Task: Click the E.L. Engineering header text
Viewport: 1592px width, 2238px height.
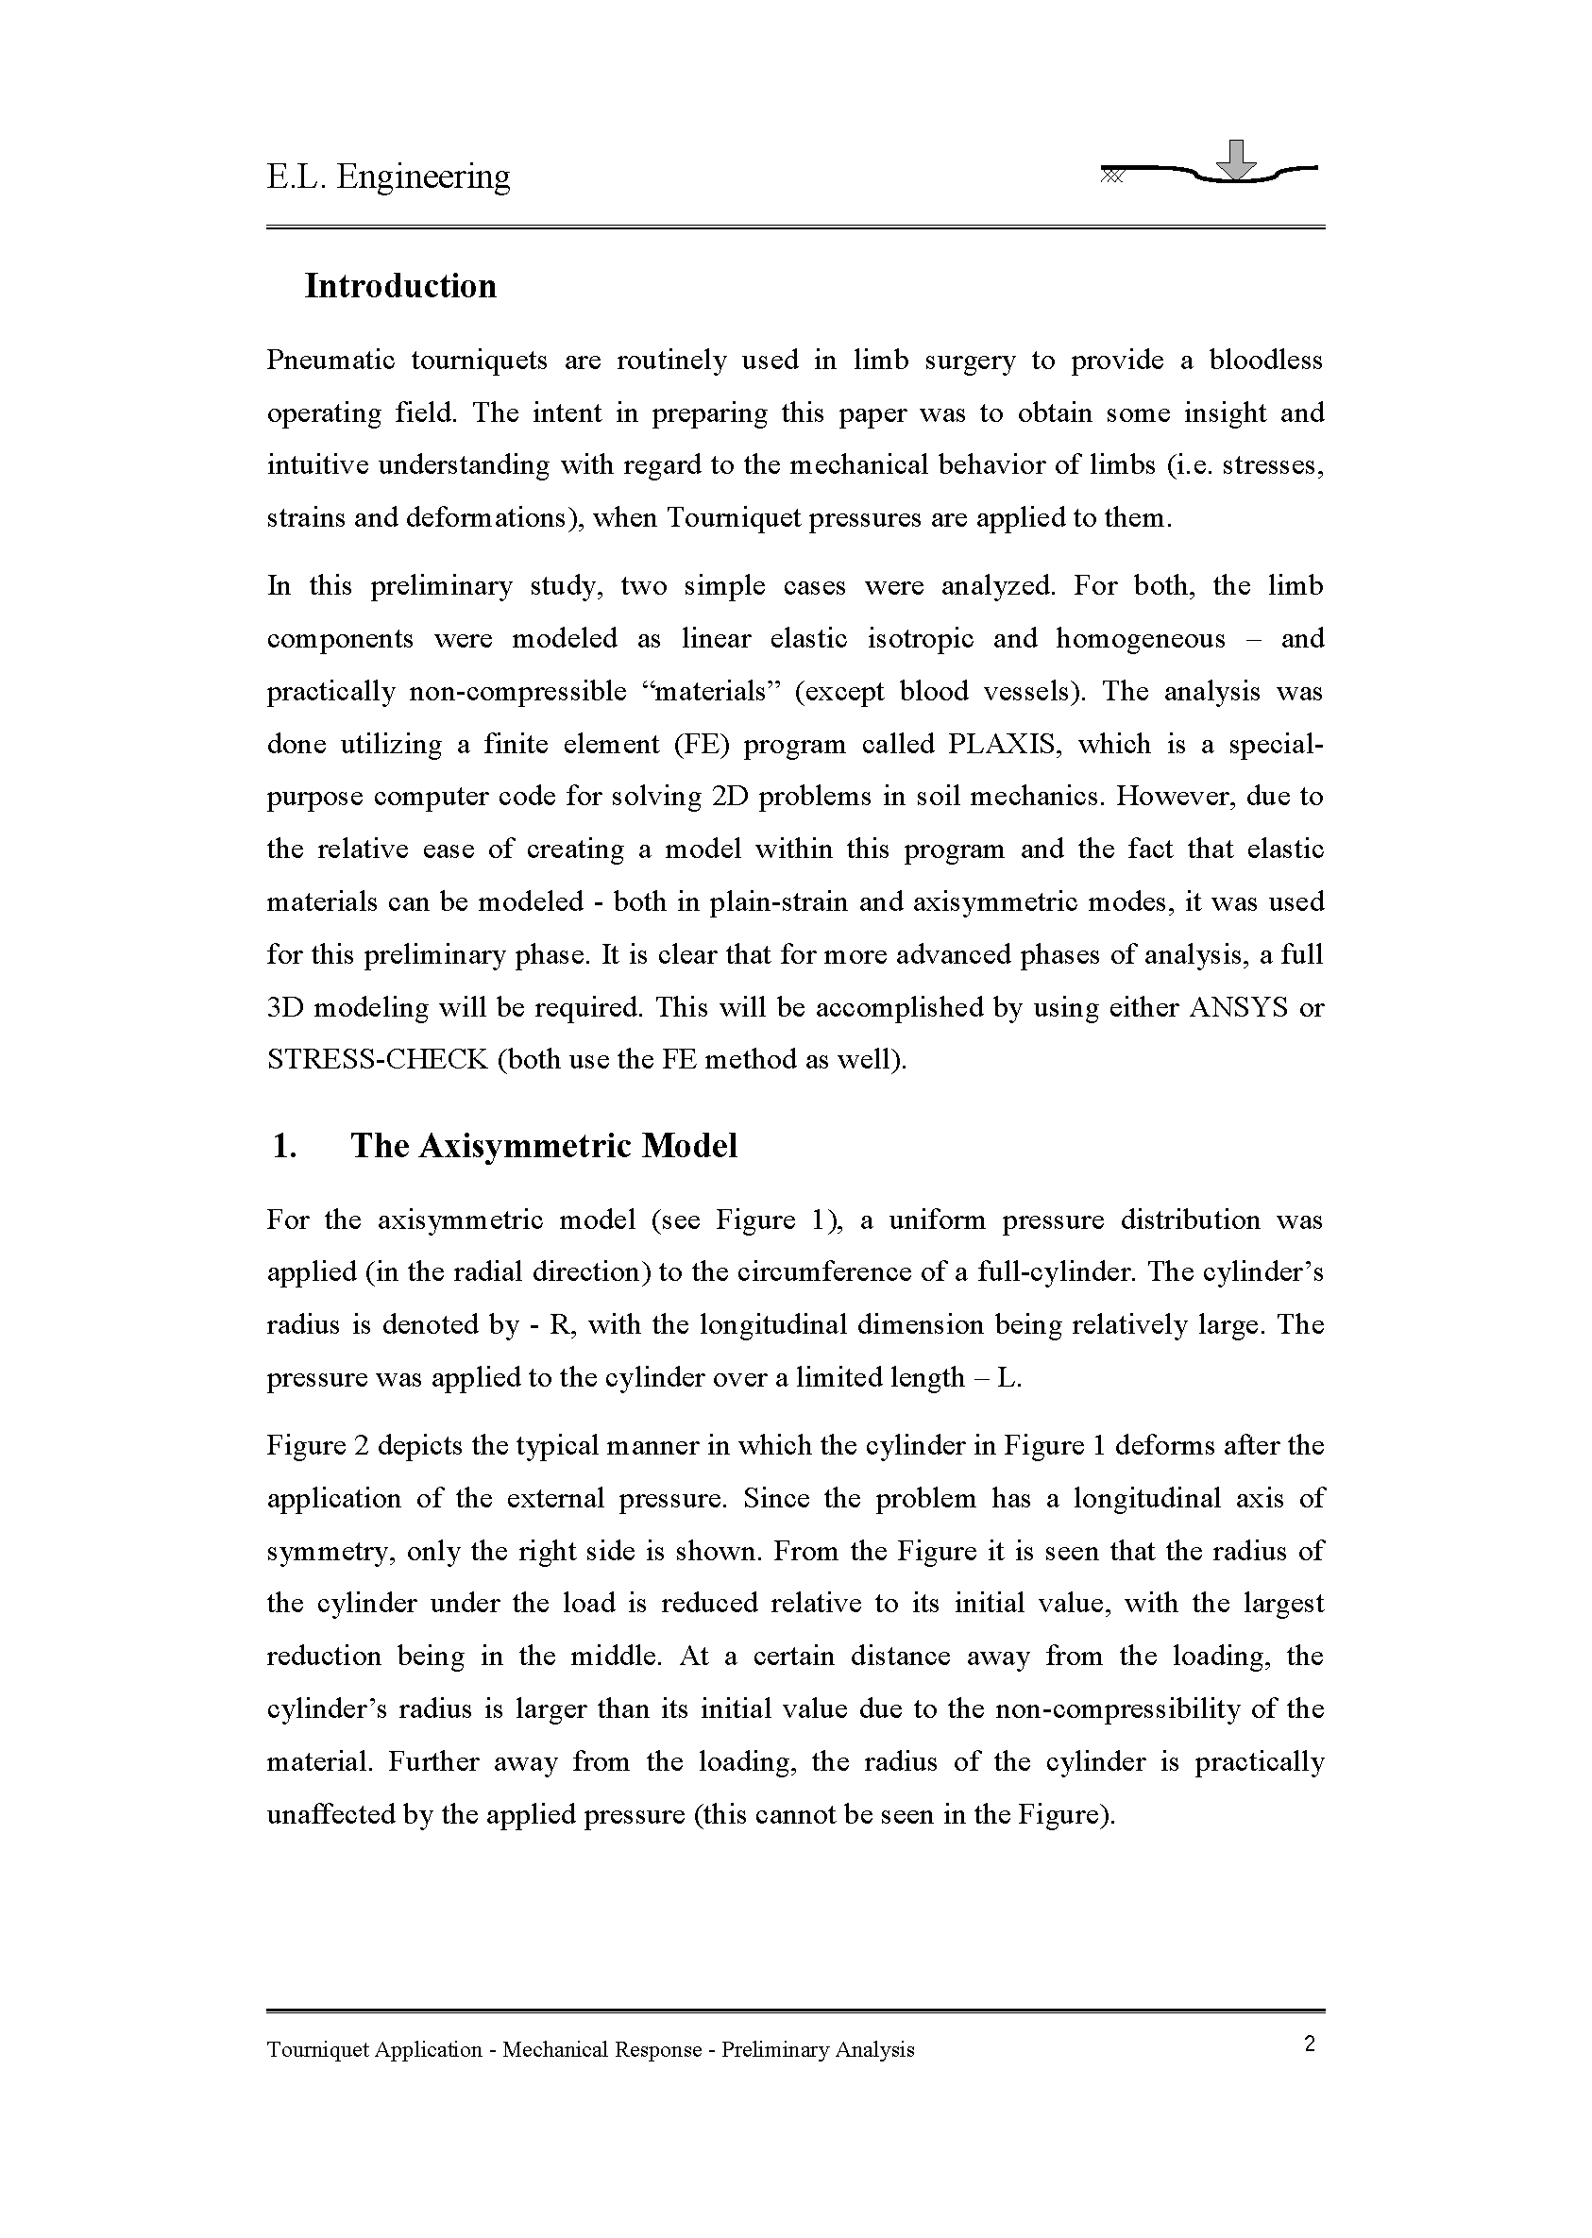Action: coord(388,177)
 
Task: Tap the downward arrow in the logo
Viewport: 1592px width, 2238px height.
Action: coord(1239,160)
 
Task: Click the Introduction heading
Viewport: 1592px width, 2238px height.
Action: coord(400,286)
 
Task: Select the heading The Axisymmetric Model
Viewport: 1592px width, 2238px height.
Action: coord(543,1146)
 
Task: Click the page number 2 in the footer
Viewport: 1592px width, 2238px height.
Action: coord(1310,2044)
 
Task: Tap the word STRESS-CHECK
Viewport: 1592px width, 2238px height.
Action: coord(377,1061)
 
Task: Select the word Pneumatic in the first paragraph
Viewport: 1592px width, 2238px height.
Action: coord(330,361)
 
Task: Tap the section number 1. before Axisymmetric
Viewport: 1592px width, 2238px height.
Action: coord(284,1146)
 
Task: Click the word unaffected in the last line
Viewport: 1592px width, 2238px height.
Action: coord(330,1816)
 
